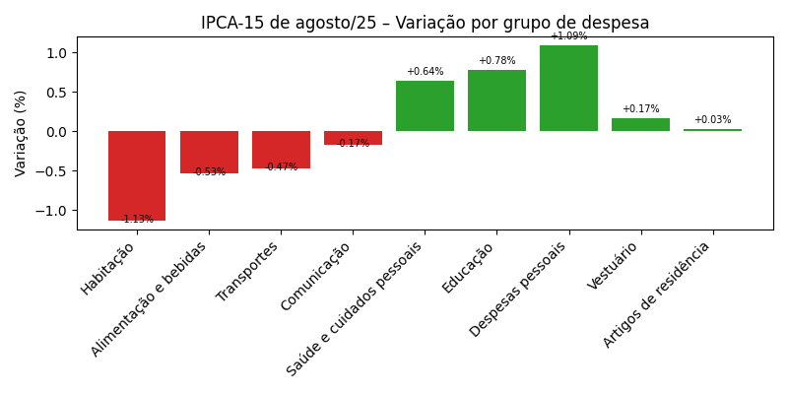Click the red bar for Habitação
tap(137, 175)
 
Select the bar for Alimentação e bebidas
tap(209, 152)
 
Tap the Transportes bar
tap(281, 149)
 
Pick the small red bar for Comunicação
tap(353, 137)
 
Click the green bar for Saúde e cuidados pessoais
tap(425, 106)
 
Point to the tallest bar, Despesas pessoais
tap(568, 89)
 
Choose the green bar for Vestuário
tap(640, 125)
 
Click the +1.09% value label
tap(568, 36)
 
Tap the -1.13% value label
tap(137, 220)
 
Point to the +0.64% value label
tap(425, 72)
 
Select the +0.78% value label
tap(496, 61)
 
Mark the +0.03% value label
tap(712, 120)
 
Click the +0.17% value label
tap(640, 109)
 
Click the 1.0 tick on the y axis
tap(57, 53)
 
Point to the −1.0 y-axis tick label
tap(53, 211)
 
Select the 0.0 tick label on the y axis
tap(57, 132)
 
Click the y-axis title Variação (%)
tap(21, 133)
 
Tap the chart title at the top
tap(425, 23)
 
